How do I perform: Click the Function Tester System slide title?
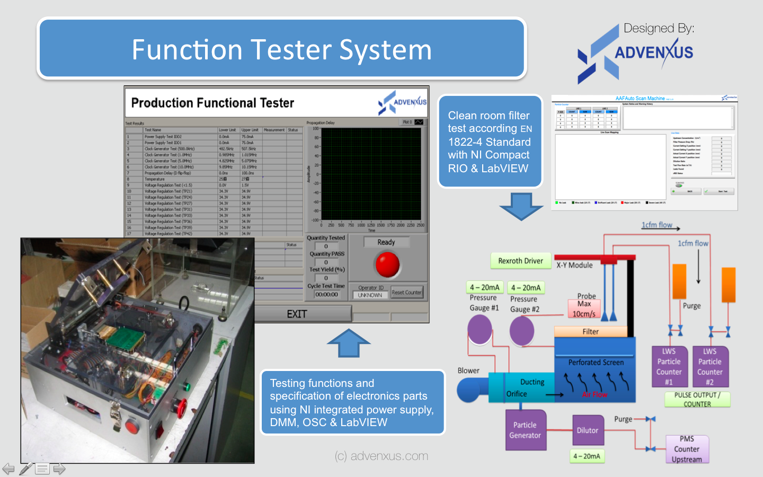pos(281,49)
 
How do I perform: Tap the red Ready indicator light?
pos(387,264)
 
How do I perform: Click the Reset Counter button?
pos(406,292)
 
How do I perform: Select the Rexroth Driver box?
pos(520,261)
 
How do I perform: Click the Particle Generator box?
pos(525,430)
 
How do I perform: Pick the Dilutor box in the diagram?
pos(587,430)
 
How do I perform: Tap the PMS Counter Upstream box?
pos(687,449)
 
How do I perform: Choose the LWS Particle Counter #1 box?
pos(669,367)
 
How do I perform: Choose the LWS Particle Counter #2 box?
pos(709,367)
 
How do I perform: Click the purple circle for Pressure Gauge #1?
pos(480,329)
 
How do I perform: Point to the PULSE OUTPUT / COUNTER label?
pos(697,399)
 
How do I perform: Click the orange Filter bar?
pos(590,332)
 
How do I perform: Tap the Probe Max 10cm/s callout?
pos(584,308)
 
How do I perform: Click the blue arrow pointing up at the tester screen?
pos(349,343)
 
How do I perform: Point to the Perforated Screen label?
pos(596,363)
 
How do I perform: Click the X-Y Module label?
pos(574,265)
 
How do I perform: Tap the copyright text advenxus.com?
pos(381,456)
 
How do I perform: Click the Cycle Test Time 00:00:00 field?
pos(326,294)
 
